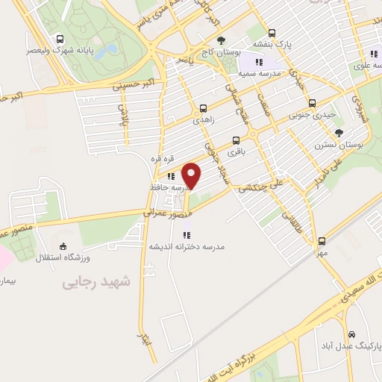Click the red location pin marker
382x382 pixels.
point(192,175)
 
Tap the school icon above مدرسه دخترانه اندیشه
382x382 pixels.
point(187,235)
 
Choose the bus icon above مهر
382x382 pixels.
point(322,241)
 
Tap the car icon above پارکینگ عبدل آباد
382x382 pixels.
point(351,335)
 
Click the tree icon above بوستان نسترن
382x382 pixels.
point(339,132)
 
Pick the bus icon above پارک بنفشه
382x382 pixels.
point(271,34)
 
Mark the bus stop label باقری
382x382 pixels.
point(236,151)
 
